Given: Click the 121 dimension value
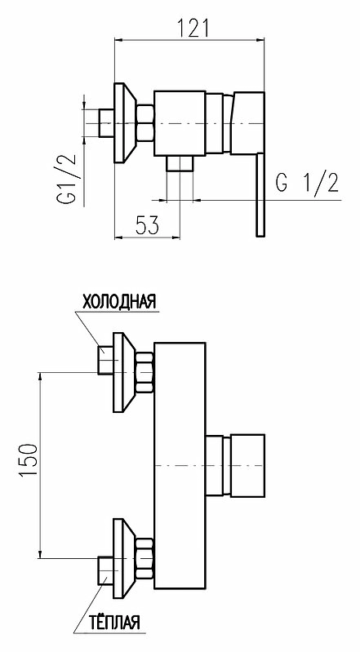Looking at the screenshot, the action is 193,27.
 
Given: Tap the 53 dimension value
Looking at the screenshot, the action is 147,225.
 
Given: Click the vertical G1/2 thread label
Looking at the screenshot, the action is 67,178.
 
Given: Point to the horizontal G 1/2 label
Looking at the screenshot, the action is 307,182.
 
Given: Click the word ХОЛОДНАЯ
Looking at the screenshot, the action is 119,301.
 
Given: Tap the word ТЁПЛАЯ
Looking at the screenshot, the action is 115,623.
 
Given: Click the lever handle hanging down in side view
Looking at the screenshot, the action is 260,194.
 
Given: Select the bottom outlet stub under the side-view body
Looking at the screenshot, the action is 180,163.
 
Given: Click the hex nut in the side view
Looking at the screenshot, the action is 145,123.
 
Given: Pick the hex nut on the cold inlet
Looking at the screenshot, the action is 145,372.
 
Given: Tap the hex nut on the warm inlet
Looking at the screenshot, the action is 145,558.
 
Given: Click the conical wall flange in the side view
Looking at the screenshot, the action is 124,123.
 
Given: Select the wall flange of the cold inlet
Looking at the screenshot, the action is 124,372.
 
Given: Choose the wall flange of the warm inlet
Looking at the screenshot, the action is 124,558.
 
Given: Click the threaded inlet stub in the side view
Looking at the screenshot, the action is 106,123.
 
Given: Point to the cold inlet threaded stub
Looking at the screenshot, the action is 106,360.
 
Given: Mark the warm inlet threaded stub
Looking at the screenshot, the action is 106,570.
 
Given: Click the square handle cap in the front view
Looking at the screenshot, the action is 247,465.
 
